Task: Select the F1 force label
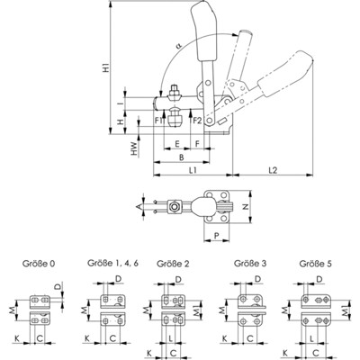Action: [158, 119]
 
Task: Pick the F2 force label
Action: [197, 119]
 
